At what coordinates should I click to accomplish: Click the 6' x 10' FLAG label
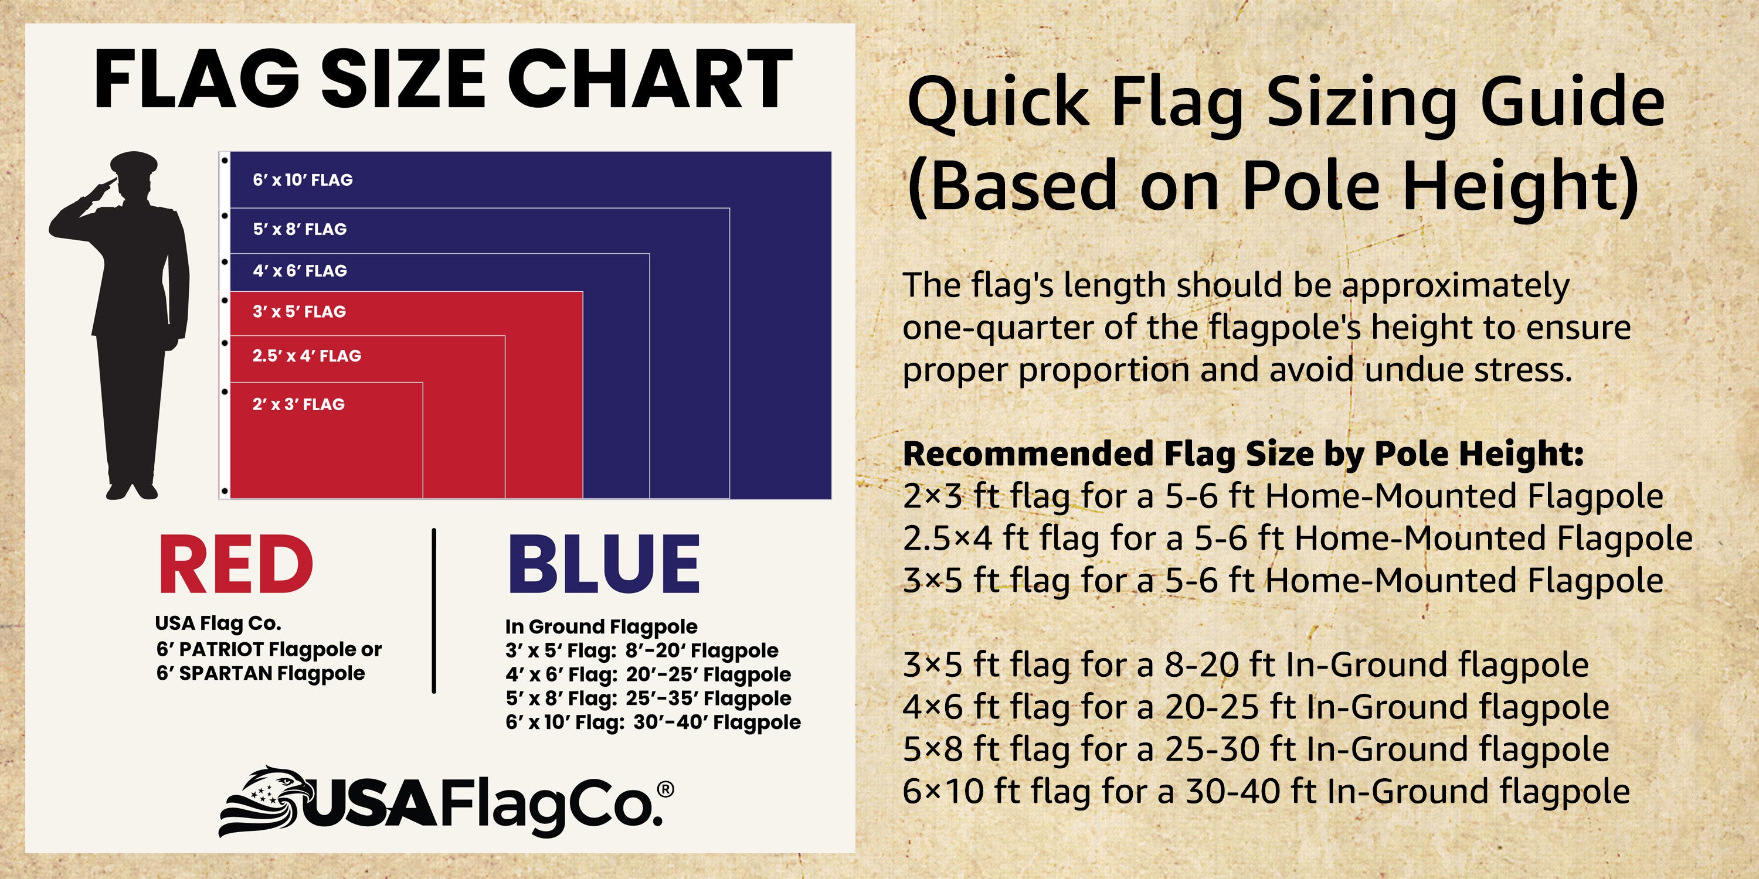tap(303, 180)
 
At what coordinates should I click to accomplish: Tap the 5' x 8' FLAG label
tap(300, 229)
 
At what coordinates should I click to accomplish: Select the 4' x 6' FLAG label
tap(300, 271)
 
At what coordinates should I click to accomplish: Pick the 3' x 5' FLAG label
tap(299, 312)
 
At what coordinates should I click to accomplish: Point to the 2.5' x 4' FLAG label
tap(307, 356)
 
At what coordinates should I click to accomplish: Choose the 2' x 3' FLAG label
tap(298, 405)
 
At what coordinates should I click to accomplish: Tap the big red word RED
tap(236, 565)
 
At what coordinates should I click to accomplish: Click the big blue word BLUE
tap(604, 565)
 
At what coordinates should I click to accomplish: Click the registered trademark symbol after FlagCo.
tap(665, 789)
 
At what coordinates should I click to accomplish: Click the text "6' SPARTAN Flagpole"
tap(260, 673)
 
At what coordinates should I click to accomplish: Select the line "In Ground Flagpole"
tap(601, 626)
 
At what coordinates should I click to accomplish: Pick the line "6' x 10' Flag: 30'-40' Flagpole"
tap(653, 722)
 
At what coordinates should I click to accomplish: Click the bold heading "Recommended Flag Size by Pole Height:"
tap(1243, 454)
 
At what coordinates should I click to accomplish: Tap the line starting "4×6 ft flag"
tap(1255, 707)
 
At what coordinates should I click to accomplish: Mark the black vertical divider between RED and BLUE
tap(434, 610)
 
